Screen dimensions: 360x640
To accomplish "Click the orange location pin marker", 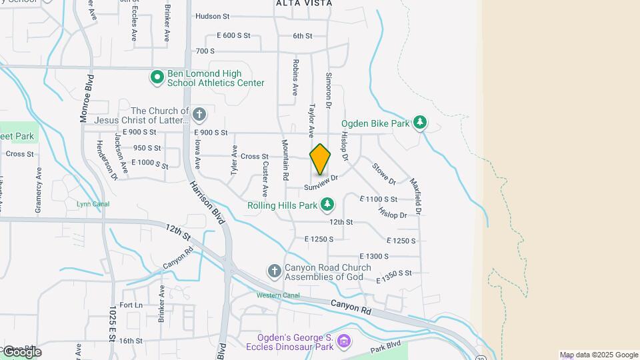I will click(x=320, y=159).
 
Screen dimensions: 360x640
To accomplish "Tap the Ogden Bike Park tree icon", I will click(x=420, y=123).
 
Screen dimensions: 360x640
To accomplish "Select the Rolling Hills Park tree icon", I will click(x=327, y=205).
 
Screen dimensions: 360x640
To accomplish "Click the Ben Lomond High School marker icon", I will click(x=157, y=78).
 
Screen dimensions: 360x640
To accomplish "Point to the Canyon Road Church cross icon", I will click(x=274, y=271).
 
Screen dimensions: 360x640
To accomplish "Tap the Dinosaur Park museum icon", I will click(x=343, y=342).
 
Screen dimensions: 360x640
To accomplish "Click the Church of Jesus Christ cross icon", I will click(x=199, y=115).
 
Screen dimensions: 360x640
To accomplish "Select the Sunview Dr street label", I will click(x=322, y=181).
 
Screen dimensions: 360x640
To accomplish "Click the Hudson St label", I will click(x=212, y=16).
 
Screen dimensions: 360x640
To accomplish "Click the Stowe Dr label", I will click(x=384, y=174).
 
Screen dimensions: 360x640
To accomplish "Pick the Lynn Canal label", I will click(x=93, y=204).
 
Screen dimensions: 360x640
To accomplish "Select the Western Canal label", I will click(x=278, y=295).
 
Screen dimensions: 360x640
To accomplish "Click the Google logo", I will click(x=21, y=352).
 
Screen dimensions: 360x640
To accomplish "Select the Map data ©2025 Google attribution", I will click(x=599, y=355).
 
